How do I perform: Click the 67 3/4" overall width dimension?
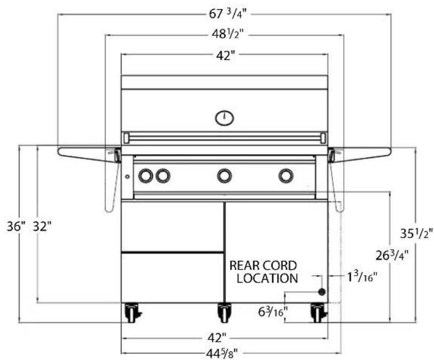226,14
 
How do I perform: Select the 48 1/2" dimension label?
227,34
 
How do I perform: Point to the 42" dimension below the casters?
217,338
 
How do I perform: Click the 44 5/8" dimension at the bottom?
222,354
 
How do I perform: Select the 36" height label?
16,227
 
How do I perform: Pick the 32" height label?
42,227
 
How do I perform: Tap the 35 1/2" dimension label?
416,234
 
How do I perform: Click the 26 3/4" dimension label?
392,255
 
